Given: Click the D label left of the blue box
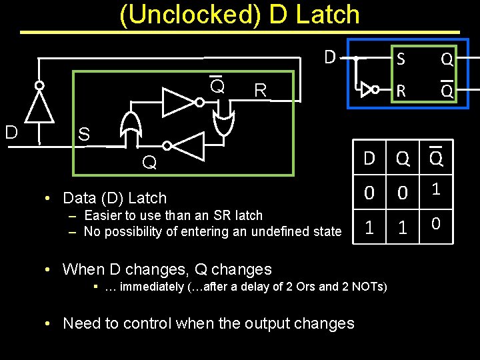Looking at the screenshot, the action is pyautogui.click(x=329, y=57).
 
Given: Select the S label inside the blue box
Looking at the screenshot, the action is pyautogui.click(x=401, y=59).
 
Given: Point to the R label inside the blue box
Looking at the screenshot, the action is pyautogui.click(x=401, y=89).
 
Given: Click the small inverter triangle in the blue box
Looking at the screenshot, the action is pyautogui.click(x=365, y=89).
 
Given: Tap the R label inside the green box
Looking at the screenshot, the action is pyautogui.click(x=260, y=91).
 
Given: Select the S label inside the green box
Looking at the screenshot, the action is pyautogui.click(x=83, y=135).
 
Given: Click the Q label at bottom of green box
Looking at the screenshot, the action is pyautogui.click(x=149, y=162).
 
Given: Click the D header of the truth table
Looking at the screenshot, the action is pyautogui.click(x=369, y=159).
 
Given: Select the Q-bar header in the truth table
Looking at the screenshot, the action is pyautogui.click(x=437, y=159).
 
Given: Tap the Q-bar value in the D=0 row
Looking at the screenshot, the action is pyautogui.click(x=437, y=191).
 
